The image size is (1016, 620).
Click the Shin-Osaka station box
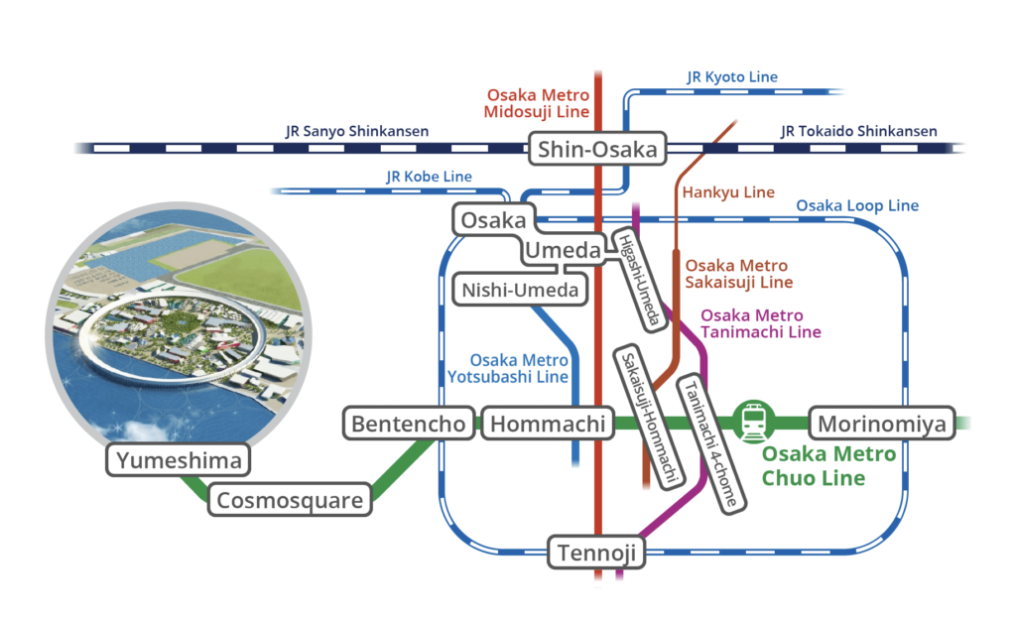[x=597, y=150]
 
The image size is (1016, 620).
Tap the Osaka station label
[x=493, y=220]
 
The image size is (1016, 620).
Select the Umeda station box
[x=563, y=252]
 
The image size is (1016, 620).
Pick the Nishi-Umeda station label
[x=520, y=291]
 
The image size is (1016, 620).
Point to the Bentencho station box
[x=408, y=425]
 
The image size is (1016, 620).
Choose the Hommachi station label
[x=548, y=425]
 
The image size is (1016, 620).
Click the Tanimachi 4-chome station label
[x=711, y=442]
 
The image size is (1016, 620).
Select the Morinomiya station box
[x=882, y=425]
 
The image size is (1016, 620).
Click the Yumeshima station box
[x=180, y=460]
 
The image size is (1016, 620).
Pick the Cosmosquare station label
[x=290, y=500]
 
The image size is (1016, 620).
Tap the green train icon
[x=753, y=421]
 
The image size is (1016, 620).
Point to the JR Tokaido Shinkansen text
[x=858, y=131]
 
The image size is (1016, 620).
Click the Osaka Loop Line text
[x=857, y=206]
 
